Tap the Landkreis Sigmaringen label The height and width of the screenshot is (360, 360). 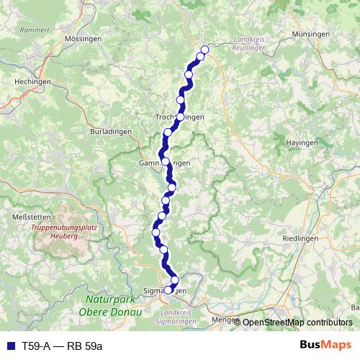point(183,318)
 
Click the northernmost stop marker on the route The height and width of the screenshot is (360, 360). point(204,50)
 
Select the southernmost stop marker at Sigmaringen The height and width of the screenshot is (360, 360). point(168,290)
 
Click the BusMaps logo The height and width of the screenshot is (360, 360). point(326,345)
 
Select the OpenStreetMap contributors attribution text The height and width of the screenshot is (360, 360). point(297,322)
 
